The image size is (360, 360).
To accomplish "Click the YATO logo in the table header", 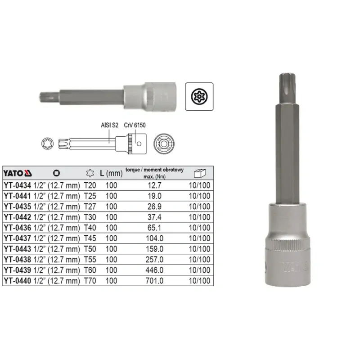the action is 18,173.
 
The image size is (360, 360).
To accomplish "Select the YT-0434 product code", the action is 18,185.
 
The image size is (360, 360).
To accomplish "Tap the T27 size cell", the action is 90,207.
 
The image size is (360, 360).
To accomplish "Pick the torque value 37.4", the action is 154,217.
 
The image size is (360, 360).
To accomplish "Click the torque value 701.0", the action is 154,280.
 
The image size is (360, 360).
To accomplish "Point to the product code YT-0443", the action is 18,249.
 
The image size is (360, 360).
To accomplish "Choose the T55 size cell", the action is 90,260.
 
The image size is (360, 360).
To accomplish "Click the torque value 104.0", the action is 154,238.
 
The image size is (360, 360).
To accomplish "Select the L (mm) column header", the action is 111,173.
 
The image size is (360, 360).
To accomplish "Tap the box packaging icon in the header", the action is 200,173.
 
